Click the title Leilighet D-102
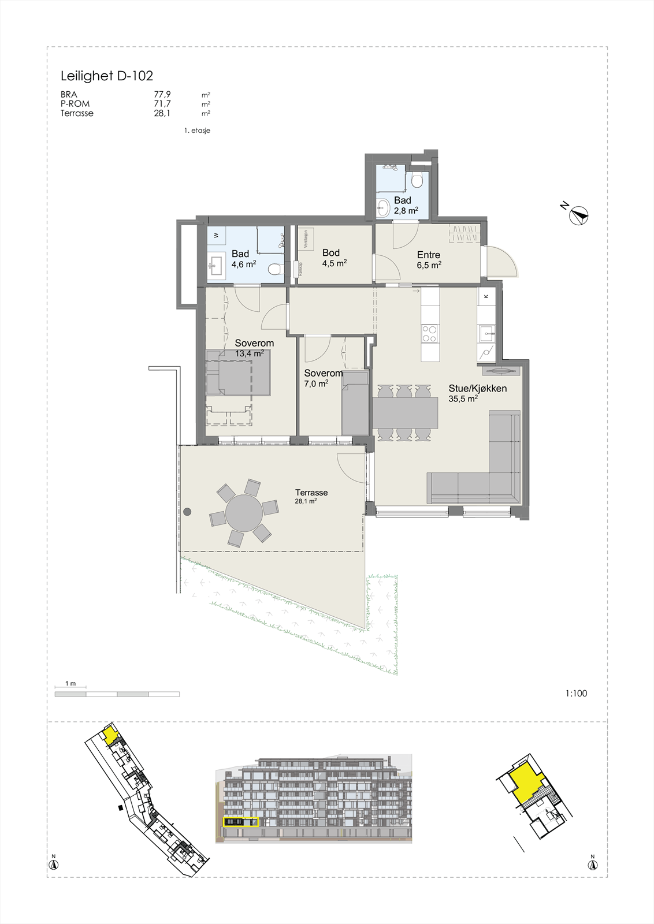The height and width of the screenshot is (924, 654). pyautogui.click(x=107, y=76)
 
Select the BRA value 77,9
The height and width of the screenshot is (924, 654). pyautogui.click(x=162, y=95)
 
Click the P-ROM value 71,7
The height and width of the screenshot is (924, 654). pyautogui.click(x=162, y=104)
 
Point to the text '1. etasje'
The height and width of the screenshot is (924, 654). pyautogui.click(x=197, y=131)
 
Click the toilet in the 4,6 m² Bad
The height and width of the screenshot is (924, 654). pyautogui.click(x=275, y=269)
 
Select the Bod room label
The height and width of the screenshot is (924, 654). pyautogui.click(x=331, y=252)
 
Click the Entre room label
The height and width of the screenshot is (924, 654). pyautogui.click(x=429, y=255)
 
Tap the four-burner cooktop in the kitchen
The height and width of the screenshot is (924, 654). pyautogui.click(x=429, y=334)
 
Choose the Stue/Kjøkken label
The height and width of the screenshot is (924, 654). pyautogui.click(x=477, y=388)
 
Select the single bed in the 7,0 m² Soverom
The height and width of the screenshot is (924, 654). pyautogui.click(x=355, y=404)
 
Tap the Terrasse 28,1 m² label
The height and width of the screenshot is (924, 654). pyautogui.click(x=311, y=496)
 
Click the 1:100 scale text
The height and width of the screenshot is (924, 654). pyautogui.click(x=576, y=694)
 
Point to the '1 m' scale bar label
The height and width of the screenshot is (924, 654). pyautogui.click(x=70, y=683)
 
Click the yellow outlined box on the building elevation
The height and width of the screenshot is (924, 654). pyautogui.click(x=241, y=822)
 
